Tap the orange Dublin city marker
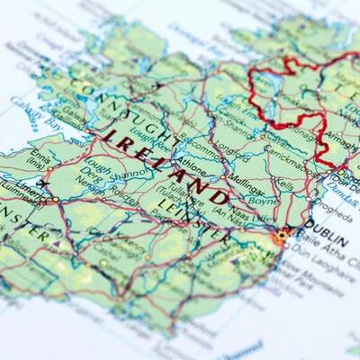(282, 237)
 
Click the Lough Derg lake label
(90, 171)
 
